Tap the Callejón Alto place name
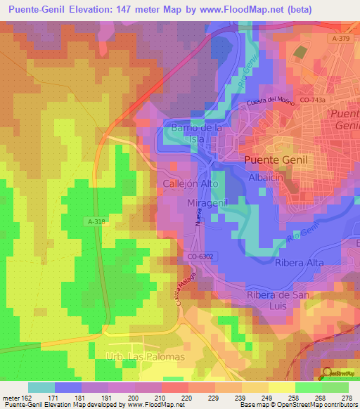[x=191, y=183]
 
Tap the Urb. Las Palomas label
[x=145, y=357]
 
